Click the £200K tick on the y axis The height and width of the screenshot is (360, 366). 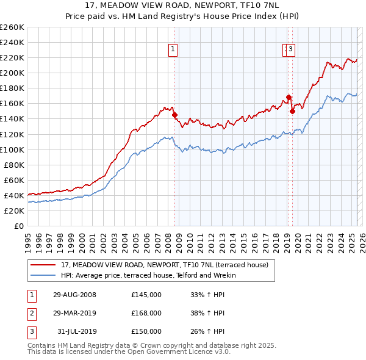coord(12,73)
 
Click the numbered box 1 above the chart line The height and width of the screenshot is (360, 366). coord(173,50)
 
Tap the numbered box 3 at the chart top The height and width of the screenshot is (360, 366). coord(291,50)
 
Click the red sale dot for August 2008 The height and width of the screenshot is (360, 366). coord(174,115)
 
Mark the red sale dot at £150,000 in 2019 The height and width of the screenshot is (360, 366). coord(292,111)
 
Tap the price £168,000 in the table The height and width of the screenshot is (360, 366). coord(146,313)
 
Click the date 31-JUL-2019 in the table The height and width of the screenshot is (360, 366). coord(76,331)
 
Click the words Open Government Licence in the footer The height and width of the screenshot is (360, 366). coord(180,351)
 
